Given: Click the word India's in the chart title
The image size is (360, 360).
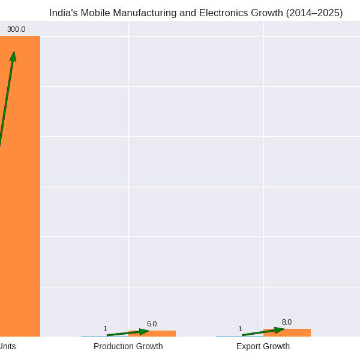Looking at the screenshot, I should [x=64, y=13].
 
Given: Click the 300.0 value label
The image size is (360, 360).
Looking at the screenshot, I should [x=16, y=29].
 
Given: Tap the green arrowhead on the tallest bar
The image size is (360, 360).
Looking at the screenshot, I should [x=13, y=56].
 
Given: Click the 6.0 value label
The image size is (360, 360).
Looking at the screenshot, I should [x=152, y=324].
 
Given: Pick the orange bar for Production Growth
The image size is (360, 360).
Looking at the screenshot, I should [x=152, y=334].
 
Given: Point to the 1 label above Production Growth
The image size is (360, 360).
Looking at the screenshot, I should [x=105, y=329].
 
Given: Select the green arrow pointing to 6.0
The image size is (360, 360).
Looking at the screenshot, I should [x=128, y=333].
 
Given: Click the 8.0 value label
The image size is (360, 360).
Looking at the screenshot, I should [x=287, y=322].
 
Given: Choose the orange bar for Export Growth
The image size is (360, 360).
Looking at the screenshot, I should [x=287, y=333].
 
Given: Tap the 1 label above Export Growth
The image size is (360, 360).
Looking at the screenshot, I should [x=240, y=329].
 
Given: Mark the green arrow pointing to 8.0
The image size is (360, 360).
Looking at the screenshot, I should [x=263, y=332].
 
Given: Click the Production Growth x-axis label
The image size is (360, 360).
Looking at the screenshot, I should [x=128, y=346].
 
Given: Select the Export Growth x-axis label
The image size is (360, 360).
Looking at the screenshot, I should [x=263, y=346].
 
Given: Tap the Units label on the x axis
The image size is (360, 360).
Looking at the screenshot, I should [x=7, y=346].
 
